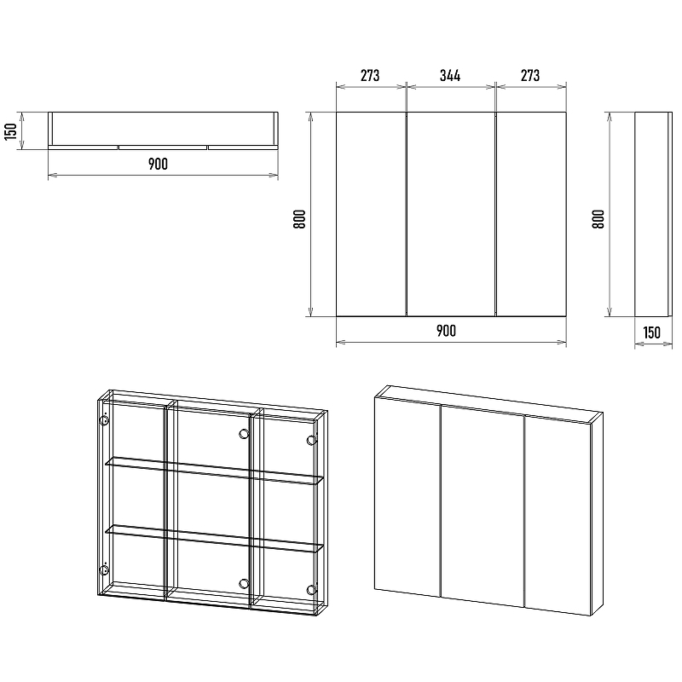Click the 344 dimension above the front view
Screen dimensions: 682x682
pos(450,76)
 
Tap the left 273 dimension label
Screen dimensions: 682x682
pos(370,76)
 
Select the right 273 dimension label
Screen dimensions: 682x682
pos(529,76)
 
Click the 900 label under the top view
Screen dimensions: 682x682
pos(158,164)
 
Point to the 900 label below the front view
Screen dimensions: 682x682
pos(446,331)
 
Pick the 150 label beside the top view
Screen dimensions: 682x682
pos(10,131)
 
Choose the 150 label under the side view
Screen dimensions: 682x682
pos(651,332)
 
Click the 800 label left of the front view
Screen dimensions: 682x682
pos(299,219)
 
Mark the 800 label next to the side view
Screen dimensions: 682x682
pos(598,219)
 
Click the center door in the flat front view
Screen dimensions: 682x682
pos(451,214)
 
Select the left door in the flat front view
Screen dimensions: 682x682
pos(371,214)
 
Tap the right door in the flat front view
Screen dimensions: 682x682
pos(531,214)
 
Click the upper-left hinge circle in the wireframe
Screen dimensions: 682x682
pos(104,420)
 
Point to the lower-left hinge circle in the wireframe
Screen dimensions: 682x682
pos(104,569)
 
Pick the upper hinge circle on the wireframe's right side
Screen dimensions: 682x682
pos(311,440)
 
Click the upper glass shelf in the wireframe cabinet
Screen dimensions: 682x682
pos(214,470)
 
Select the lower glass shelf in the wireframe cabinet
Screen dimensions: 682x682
pos(214,539)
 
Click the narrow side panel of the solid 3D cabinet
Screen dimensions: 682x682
pos(597,514)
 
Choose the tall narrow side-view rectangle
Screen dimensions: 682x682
pos(651,214)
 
